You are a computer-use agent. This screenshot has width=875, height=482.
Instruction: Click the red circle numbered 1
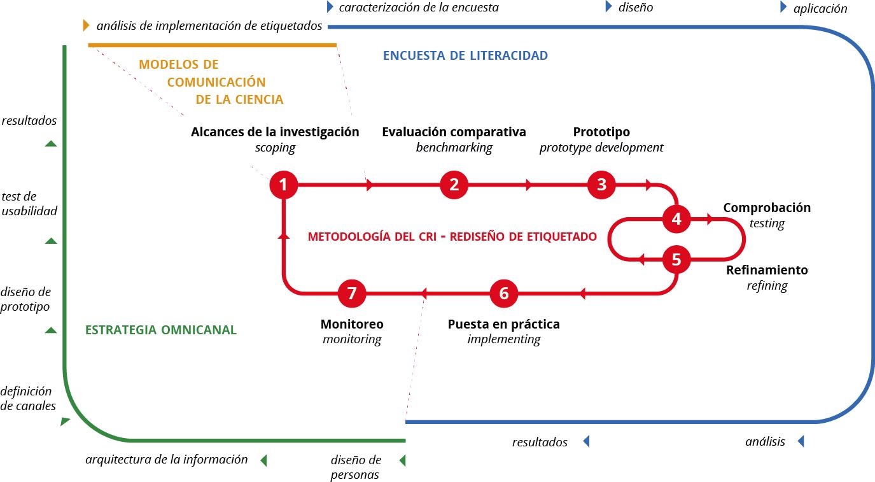[x=284, y=185]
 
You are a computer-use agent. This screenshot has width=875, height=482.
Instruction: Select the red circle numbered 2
[x=454, y=185]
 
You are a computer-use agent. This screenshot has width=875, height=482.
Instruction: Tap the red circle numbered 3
[x=601, y=185]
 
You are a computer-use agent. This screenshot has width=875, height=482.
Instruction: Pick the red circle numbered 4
[x=676, y=220]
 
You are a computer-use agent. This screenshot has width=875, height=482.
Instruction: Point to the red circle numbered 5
[x=676, y=260]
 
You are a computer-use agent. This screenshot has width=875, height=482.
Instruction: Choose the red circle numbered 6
[x=504, y=294]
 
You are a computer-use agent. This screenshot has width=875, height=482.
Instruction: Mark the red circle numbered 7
[x=352, y=294]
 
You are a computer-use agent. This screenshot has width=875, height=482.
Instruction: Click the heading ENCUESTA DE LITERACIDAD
[x=465, y=55]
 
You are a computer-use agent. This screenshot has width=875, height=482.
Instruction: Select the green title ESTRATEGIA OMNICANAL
[x=161, y=330]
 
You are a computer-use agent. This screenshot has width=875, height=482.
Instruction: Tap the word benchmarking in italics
[x=454, y=148]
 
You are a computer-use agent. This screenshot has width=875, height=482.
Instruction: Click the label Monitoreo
[x=352, y=324]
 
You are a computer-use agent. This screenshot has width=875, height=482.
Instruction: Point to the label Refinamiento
[x=767, y=270]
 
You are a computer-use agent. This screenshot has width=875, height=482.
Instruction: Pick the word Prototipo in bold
[x=601, y=132]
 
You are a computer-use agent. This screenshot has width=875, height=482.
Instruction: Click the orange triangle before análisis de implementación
[x=86, y=26]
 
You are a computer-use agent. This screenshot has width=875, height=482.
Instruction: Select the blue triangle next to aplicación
[x=783, y=8]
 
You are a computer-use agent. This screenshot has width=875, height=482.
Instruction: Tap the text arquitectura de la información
[x=167, y=459]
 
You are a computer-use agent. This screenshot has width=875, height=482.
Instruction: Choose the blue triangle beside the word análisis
[x=801, y=441]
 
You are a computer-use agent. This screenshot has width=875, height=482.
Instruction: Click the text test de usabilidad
[x=29, y=203]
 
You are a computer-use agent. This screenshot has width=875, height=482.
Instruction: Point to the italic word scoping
[x=275, y=148]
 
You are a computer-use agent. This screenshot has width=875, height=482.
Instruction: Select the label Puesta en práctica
[x=504, y=324]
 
